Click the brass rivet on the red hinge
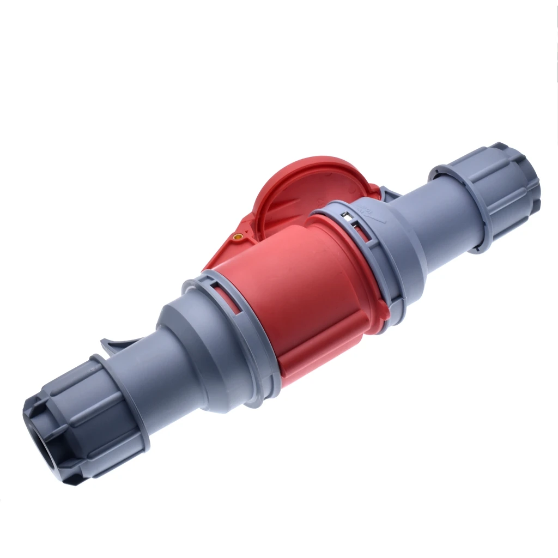point(238,236)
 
